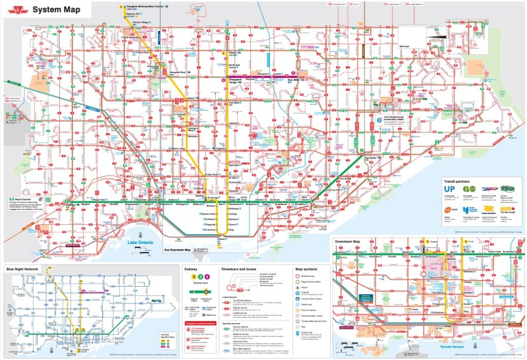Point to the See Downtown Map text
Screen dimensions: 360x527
click(177, 250)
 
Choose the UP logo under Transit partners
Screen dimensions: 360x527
click(449, 190)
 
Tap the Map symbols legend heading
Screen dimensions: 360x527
click(306, 269)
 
